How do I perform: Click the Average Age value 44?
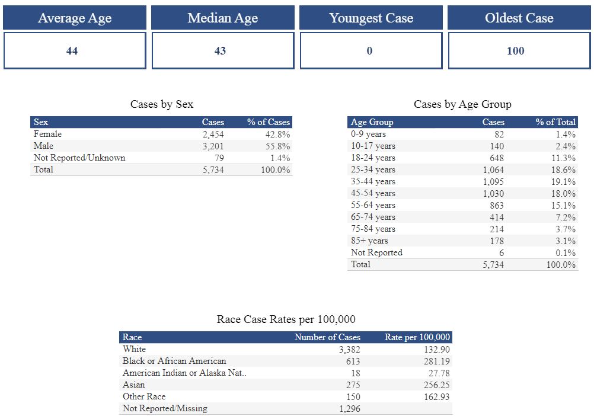point(72,51)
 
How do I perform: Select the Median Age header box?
point(222,18)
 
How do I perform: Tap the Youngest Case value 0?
point(369,51)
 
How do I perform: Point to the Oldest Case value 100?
point(515,51)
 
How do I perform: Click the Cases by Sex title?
point(162,104)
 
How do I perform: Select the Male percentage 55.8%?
point(277,146)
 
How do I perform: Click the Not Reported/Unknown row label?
point(79,158)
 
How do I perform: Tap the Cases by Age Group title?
point(462,104)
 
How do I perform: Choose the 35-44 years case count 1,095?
point(493,182)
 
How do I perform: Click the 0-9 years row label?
point(368,135)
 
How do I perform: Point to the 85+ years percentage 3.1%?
point(566,241)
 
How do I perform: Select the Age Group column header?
point(372,122)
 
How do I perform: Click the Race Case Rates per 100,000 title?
point(286,320)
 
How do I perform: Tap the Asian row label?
point(133,385)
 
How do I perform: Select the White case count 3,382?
point(349,350)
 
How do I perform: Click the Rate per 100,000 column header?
point(417,337)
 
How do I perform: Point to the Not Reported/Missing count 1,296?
point(349,409)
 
